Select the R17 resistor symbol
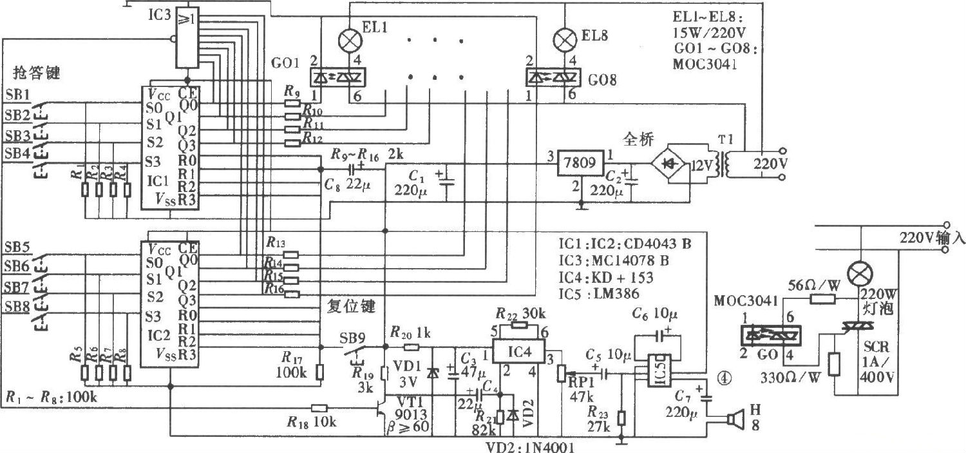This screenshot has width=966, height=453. (319, 372)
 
